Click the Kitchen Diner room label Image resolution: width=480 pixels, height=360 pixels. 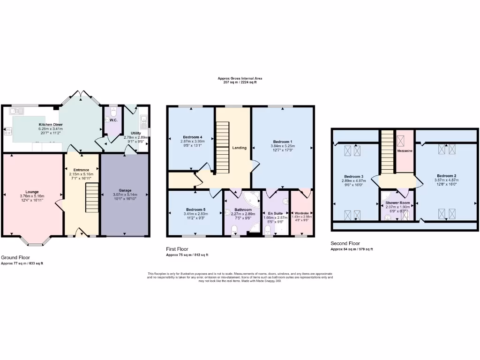tap(51, 125)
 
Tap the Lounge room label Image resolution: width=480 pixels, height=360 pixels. tap(32, 191)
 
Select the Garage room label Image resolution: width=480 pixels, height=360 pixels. tap(125, 190)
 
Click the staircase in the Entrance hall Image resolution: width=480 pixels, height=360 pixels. tap(92, 197)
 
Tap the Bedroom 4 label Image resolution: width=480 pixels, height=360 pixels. tap(192, 137)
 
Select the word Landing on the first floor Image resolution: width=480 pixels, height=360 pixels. tap(240, 148)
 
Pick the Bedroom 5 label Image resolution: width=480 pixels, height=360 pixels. tap(195, 209)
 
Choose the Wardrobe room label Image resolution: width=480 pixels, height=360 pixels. tap(301, 212)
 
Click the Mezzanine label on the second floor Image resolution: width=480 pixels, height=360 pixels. tap(405, 152)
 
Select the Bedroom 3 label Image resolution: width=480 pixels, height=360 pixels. tap(352, 176)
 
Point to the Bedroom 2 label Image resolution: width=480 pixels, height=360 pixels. tap(446, 176)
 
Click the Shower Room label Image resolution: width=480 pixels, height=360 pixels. tap(397, 202)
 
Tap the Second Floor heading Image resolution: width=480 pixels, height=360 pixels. tap(345, 243)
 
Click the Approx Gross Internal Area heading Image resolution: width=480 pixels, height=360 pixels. tap(240, 78)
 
